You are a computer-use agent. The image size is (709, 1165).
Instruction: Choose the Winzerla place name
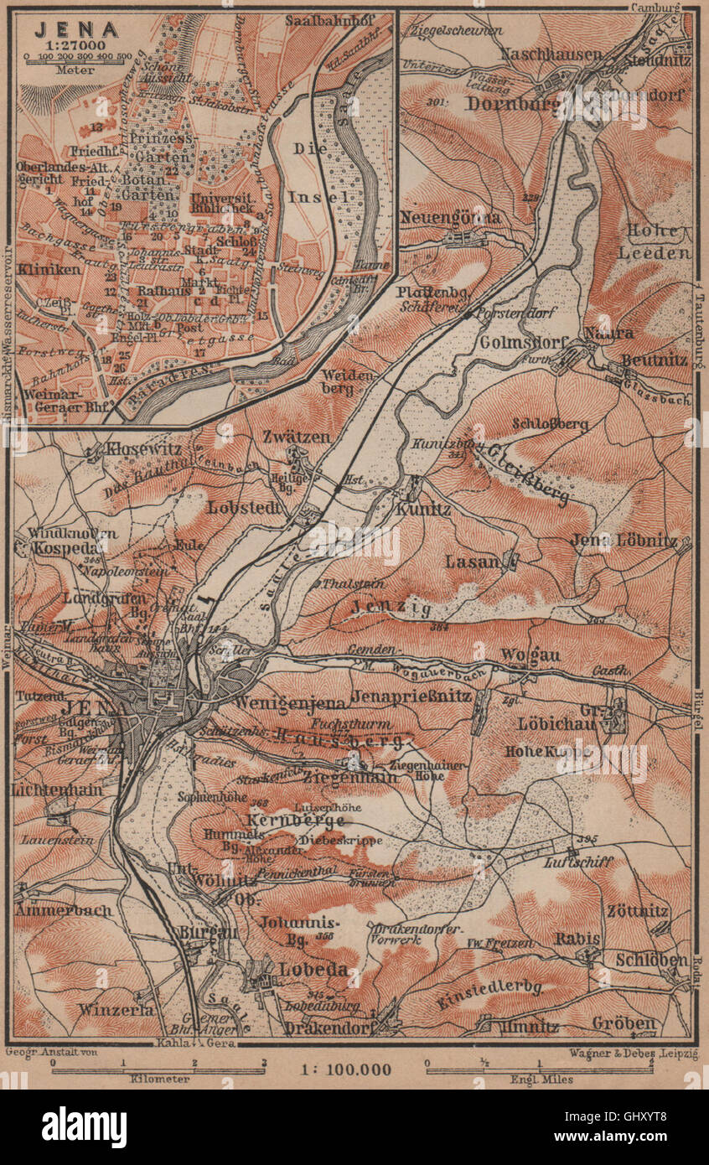point(116,1009)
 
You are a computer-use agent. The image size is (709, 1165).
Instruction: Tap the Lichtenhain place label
point(57,790)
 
